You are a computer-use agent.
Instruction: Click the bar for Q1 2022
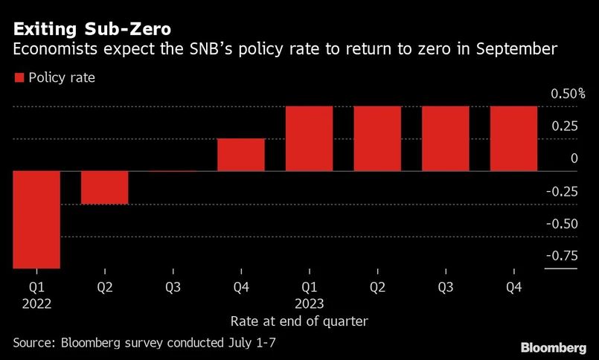click(36, 219)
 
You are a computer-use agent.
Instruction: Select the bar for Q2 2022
click(105, 187)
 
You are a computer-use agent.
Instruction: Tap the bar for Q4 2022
click(241, 155)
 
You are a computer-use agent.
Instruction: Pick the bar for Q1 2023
click(309, 139)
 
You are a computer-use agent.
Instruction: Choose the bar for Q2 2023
click(377, 139)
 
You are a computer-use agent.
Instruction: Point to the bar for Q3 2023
click(446, 139)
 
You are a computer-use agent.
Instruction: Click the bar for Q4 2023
click(513, 139)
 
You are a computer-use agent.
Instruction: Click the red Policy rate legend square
click(19, 77)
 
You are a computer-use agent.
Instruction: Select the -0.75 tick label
click(562, 256)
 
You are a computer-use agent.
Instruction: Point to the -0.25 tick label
click(562, 191)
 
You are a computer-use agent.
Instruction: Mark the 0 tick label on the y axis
click(574, 158)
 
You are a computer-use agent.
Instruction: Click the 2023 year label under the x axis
click(309, 303)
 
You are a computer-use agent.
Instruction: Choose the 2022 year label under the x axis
click(36, 303)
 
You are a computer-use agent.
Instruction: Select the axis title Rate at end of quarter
click(299, 321)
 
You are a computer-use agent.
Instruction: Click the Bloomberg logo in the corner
click(553, 347)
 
